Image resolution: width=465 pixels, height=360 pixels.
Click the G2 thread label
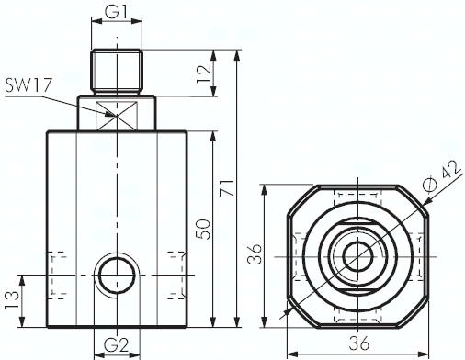[x=116, y=345]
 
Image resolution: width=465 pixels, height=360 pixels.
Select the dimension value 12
[x=204, y=73]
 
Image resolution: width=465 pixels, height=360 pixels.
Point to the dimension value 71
[x=228, y=187]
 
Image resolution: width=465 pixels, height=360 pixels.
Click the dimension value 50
[x=203, y=229]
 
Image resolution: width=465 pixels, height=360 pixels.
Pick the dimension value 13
[x=12, y=301]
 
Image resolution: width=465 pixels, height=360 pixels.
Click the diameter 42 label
[x=441, y=175]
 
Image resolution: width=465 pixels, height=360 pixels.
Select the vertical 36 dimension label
[x=255, y=253]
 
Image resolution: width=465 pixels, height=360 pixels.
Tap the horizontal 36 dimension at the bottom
[x=359, y=343]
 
